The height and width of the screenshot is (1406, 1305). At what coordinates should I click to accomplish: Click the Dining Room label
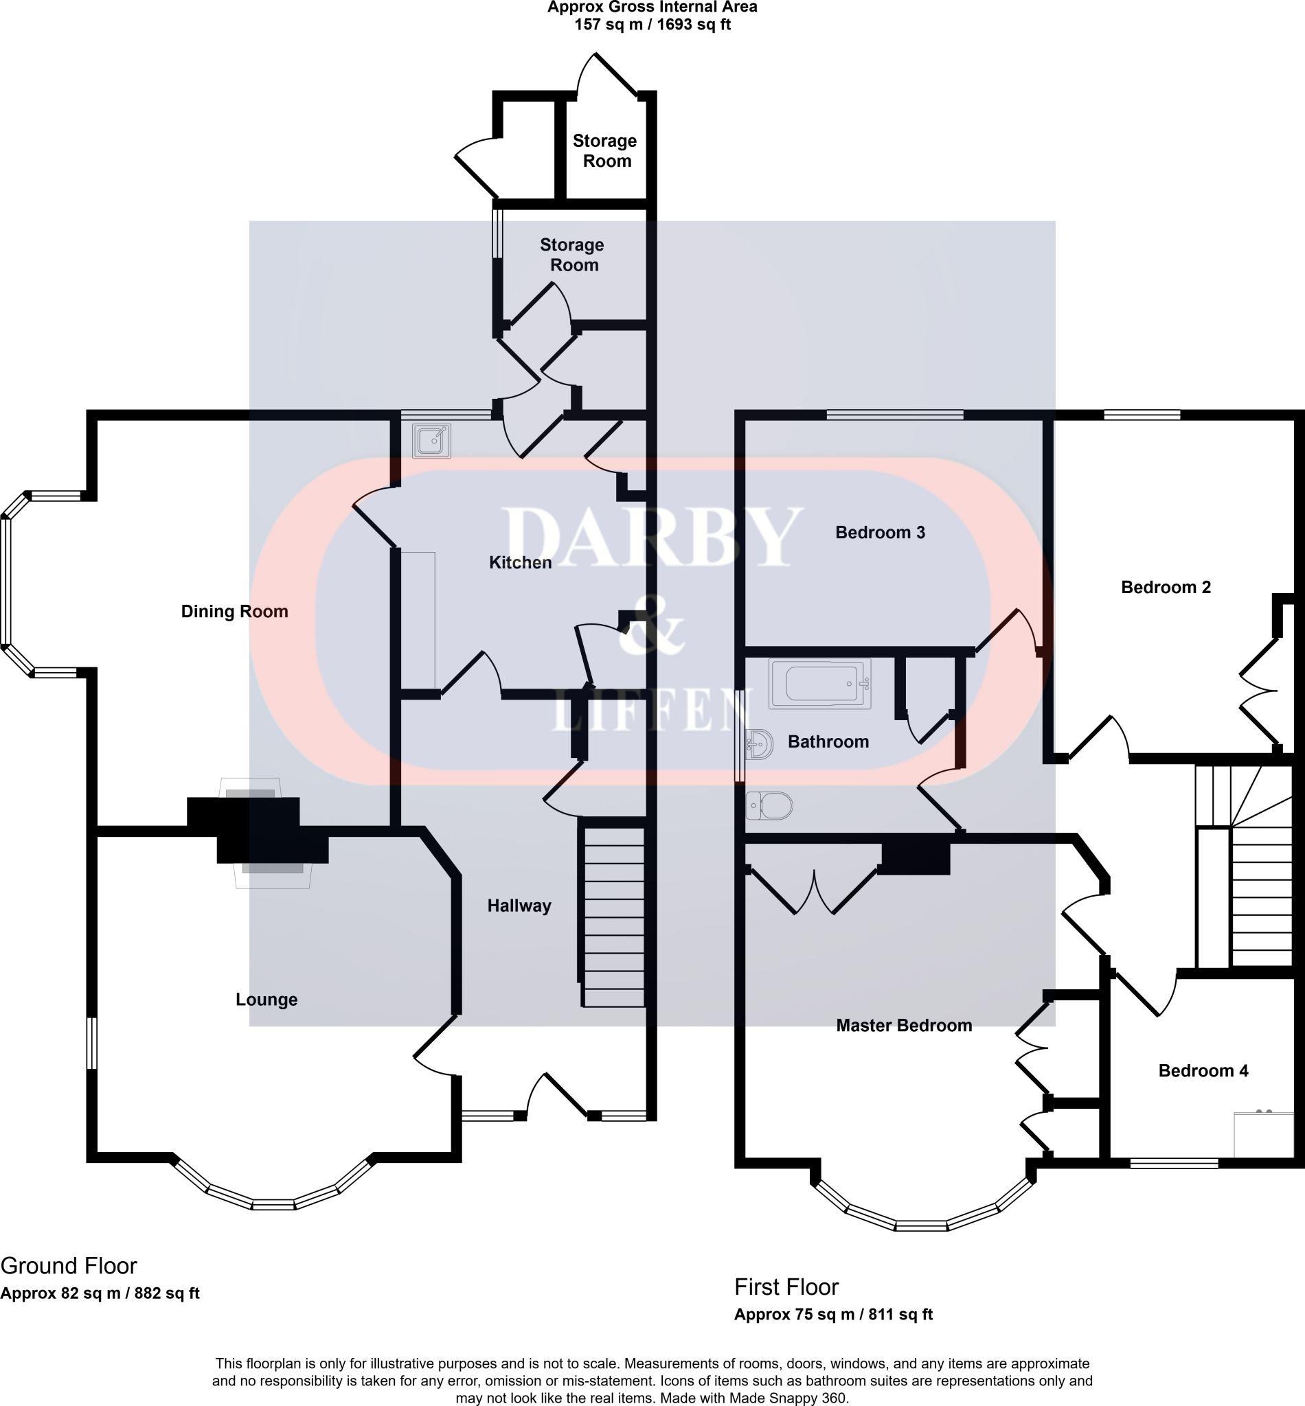tap(234, 611)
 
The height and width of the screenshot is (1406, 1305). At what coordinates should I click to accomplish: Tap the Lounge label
tap(266, 1000)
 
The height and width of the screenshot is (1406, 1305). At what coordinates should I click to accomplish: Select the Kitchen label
tap(521, 562)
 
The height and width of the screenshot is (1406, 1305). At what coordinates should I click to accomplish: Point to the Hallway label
tap(519, 906)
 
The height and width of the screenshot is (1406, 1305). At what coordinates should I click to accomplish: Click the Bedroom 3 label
tap(880, 532)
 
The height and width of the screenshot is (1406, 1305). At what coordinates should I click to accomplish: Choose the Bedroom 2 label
tap(1166, 587)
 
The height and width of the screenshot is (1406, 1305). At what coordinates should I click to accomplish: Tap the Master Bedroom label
tap(904, 1026)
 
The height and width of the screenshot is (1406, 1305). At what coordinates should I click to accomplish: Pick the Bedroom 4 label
tap(1203, 1071)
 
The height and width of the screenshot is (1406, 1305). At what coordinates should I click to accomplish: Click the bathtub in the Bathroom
tap(819, 683)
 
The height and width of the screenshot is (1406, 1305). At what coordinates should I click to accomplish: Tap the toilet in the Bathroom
tap(769, 805)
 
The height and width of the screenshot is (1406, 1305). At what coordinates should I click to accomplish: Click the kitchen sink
tap(431, 441)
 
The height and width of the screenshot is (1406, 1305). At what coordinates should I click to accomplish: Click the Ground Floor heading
tap(69, 1265)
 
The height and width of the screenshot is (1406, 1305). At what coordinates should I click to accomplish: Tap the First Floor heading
tap(786, 1287)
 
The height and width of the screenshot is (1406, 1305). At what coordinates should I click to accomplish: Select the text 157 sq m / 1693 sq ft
tap(652, 25)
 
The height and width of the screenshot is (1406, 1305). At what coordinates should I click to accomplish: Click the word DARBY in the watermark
tap(652, 536)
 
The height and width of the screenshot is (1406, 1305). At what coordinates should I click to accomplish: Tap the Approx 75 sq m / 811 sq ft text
tap(833, 1314)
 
